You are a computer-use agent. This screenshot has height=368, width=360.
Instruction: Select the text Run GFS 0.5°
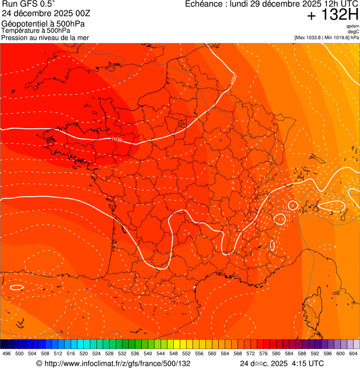(x=29, y=5)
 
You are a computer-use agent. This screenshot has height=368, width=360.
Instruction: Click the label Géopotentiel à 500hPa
(x=43, y=23)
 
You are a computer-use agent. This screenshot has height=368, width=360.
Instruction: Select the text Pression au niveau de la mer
(x=45, y=37)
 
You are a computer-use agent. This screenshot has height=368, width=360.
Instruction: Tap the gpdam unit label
(x=353, y=26)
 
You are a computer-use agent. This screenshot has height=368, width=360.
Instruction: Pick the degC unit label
(x=353, y=32)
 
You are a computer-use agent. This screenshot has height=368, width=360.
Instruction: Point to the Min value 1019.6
(x=340, y=37)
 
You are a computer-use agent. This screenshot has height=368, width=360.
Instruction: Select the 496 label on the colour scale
(x=7, y=353)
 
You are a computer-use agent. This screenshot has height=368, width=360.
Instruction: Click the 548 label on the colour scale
(x=173, y=353)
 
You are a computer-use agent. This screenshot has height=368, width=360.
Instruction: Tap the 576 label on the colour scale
(x=264, y=353)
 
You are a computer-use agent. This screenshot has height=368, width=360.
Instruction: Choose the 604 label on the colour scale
(x=353, y=353)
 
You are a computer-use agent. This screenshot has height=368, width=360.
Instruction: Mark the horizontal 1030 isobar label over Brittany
(x=117, y=140)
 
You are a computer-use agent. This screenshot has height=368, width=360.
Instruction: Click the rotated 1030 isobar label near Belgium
(x=234, y=80)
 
